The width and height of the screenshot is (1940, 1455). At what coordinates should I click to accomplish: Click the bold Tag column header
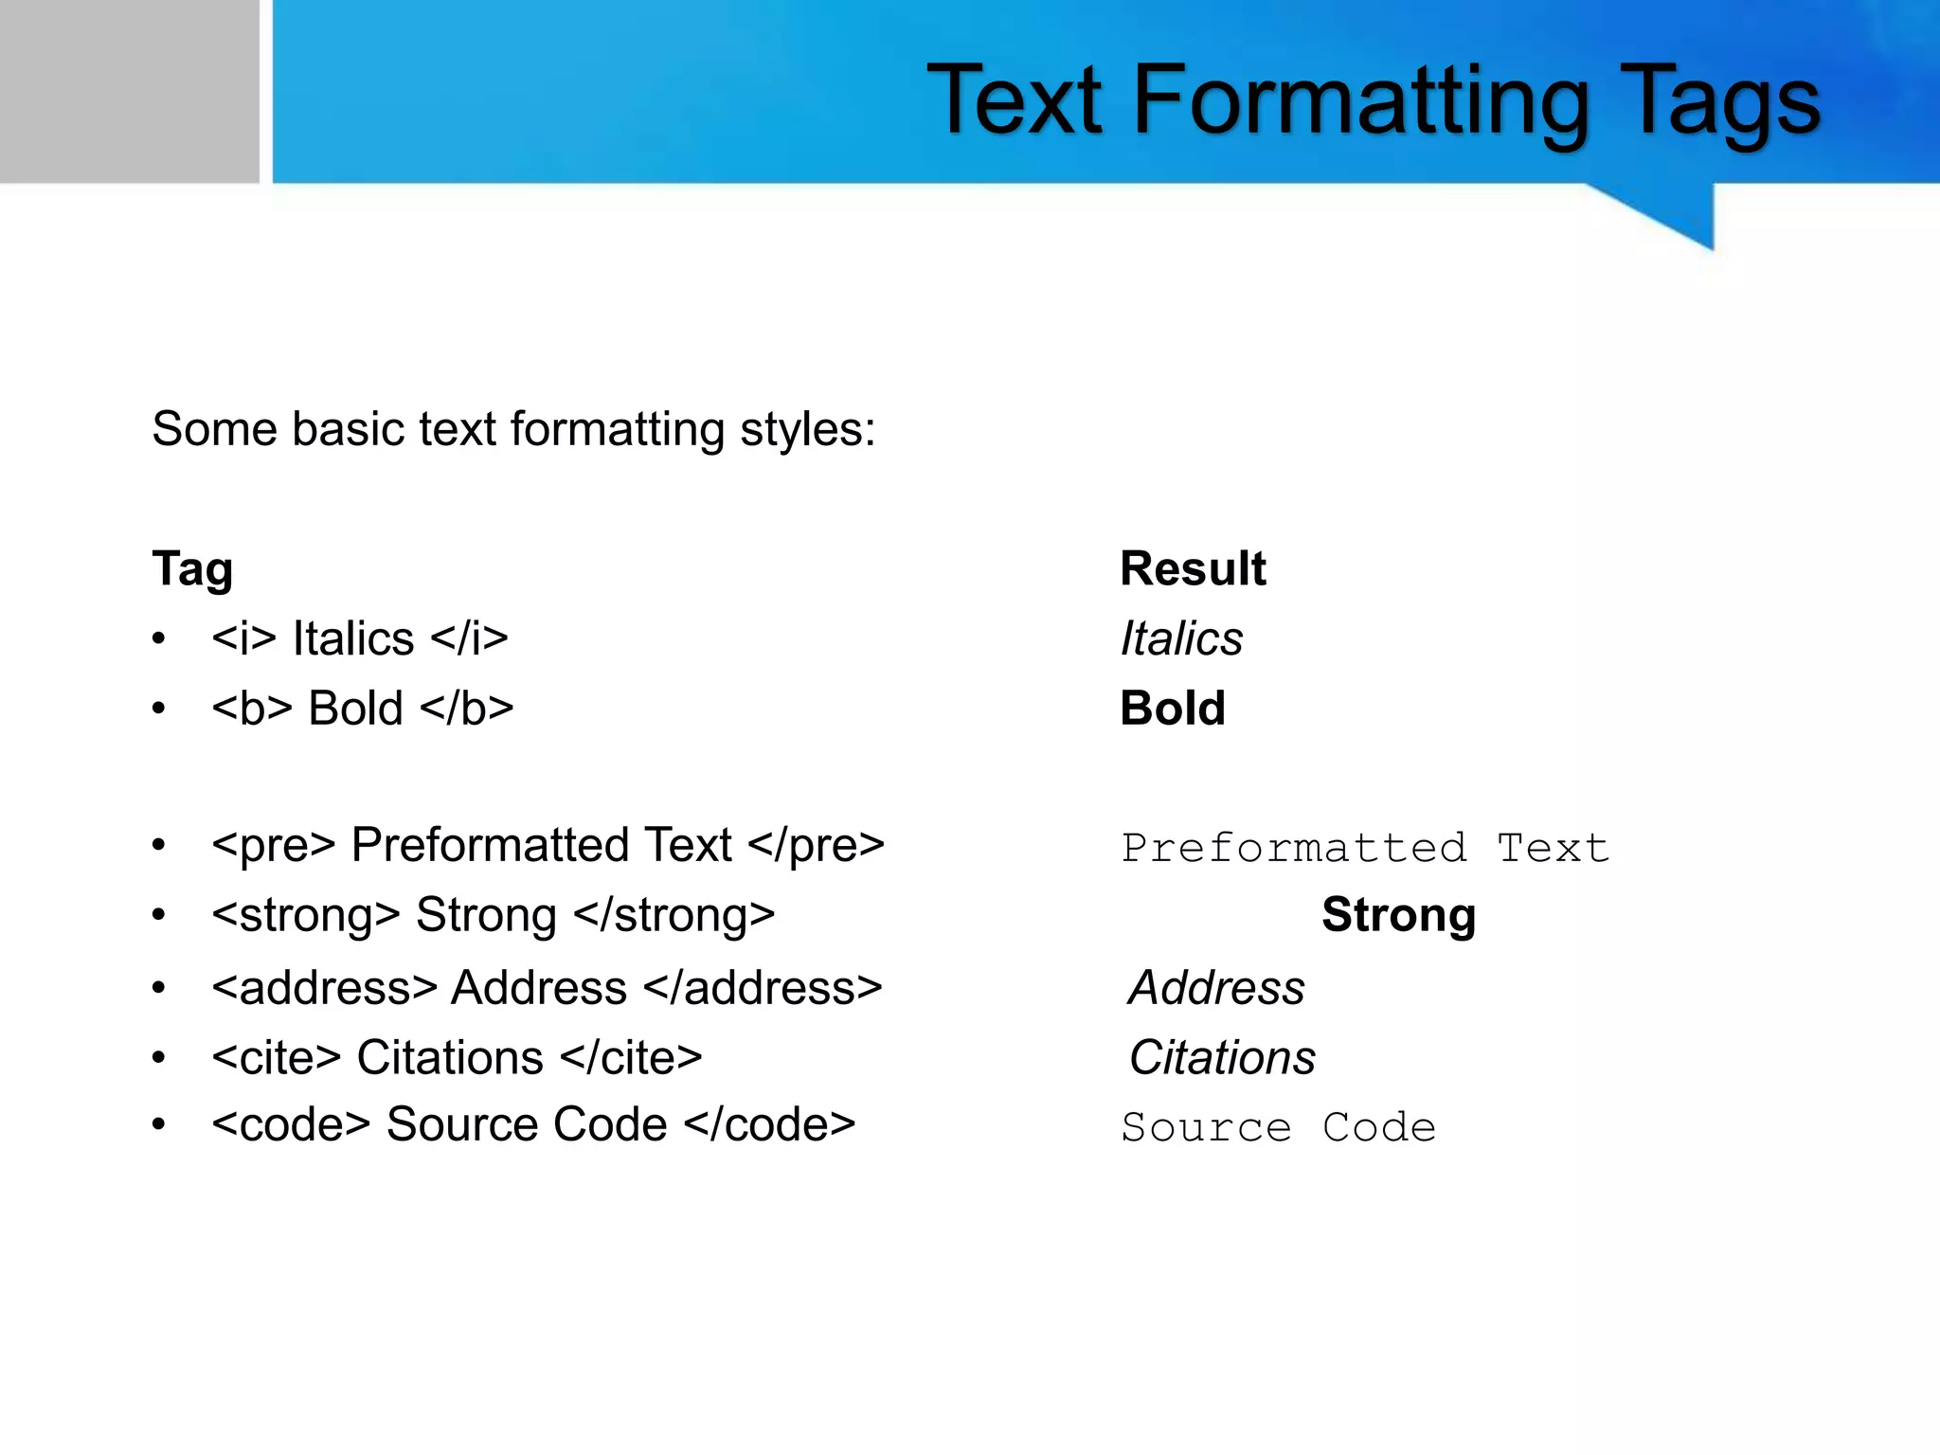point(192,569)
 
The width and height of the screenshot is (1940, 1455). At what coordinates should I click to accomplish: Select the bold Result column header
point(1193,568)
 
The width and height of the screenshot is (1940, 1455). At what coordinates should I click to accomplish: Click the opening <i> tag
point(243,638)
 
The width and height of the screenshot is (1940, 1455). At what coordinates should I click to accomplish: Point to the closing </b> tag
point(466,709)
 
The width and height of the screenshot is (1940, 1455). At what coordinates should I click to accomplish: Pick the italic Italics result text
point(1181,638)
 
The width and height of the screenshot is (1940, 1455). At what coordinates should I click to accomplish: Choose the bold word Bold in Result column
point(1173,709)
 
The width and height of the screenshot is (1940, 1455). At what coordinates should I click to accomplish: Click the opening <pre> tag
point(274,845)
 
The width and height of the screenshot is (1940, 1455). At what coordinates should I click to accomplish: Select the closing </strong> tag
point(674,915)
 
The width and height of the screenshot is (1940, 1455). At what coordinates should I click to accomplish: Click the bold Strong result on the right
point(1398,915)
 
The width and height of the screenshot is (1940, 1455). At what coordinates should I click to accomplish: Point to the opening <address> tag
point(324,988)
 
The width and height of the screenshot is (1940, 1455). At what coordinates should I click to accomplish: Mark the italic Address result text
point(1217,988)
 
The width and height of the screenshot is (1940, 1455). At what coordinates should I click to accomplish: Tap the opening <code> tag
point(291,1125)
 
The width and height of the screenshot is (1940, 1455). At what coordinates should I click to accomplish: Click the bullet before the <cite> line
point(159,1057)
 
